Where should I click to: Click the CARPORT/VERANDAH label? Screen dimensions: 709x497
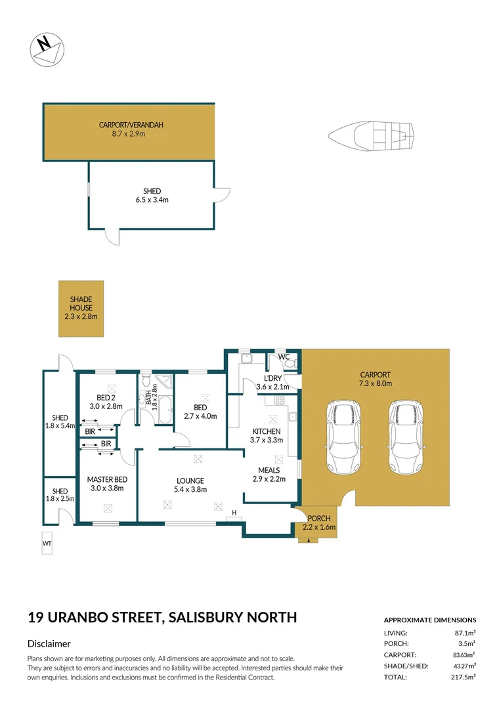(x=131, y=129)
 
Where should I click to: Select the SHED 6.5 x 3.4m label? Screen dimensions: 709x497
(x=152, y=196)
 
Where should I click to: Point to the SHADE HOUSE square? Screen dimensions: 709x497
(x=81, y=309)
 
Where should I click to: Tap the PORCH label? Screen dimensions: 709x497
(x=316, y=523)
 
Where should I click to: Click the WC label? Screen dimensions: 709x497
(x=284, y=357)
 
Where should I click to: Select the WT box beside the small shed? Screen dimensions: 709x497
(x=47, y=544)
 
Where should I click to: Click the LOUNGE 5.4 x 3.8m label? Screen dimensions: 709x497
(x=189, y=484)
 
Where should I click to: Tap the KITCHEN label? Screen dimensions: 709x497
(x=266, y=435)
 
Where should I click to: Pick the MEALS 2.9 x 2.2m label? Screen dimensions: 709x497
(x=269, y=475)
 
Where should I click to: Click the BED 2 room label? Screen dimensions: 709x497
(x=105, y=402)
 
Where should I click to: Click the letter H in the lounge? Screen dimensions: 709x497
(x=234, y=512)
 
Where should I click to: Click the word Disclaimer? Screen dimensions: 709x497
(x=49, y=644)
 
